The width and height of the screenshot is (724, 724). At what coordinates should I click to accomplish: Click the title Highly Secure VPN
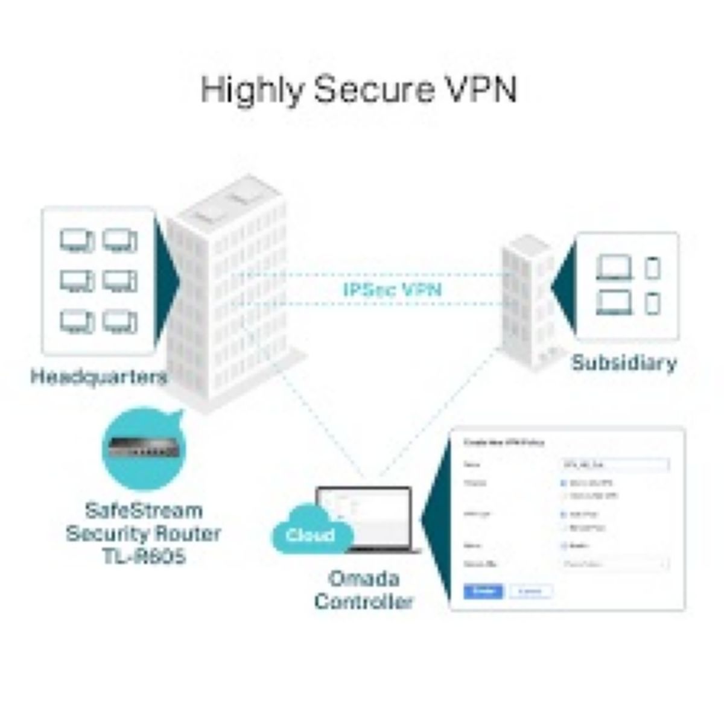359,90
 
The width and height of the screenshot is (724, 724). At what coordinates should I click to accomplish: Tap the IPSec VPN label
392,290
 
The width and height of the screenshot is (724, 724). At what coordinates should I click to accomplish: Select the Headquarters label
98,377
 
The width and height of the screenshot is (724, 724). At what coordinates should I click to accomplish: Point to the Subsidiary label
624,363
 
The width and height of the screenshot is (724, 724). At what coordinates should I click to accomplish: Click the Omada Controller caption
364,590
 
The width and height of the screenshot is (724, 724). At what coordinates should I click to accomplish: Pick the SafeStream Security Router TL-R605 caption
143,533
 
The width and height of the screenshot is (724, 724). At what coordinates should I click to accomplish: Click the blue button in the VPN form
483,591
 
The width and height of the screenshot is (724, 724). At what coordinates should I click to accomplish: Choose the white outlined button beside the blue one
530,591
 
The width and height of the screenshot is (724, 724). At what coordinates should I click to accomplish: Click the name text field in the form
614,465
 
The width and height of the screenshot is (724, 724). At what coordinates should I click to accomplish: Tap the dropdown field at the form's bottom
614,565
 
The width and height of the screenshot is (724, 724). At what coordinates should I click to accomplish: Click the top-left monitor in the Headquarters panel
77,241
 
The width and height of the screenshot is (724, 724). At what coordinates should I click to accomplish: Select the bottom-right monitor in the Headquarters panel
119,322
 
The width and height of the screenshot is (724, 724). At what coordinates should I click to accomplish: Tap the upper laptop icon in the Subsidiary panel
614,267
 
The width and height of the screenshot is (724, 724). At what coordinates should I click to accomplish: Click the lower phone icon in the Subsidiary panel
652,302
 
